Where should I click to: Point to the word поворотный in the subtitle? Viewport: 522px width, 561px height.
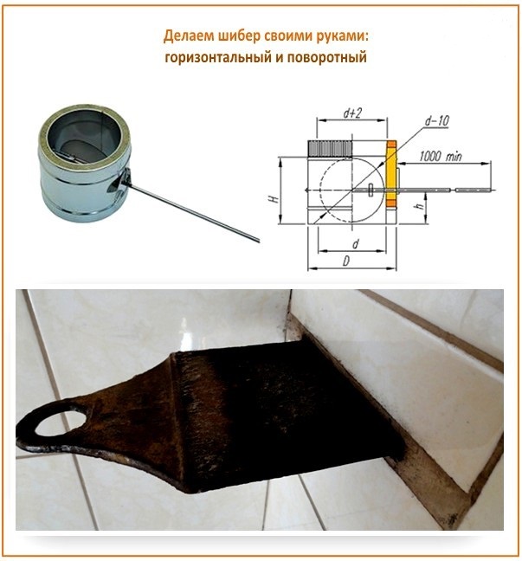pos(327,57)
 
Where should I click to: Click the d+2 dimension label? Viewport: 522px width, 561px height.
pos(352,113)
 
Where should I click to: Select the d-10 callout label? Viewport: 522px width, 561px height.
pos(437,121)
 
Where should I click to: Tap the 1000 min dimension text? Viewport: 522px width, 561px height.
pos(441,157)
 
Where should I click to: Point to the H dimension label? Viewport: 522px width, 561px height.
pos(274,199)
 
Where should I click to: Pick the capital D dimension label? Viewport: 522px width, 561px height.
pos(345,261)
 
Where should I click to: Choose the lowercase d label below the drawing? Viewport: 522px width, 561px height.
pos(355,244)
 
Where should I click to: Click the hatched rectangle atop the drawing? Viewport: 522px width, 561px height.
pos(330,149)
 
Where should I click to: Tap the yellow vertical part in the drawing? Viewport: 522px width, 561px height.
pos(391,174)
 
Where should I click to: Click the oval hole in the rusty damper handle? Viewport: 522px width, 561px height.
pos(61,422)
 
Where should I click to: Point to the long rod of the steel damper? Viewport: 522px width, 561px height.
pos(193,212)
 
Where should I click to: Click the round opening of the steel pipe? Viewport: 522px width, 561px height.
pos(84,137)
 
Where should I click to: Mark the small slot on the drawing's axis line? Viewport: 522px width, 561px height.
pos(371,190)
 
